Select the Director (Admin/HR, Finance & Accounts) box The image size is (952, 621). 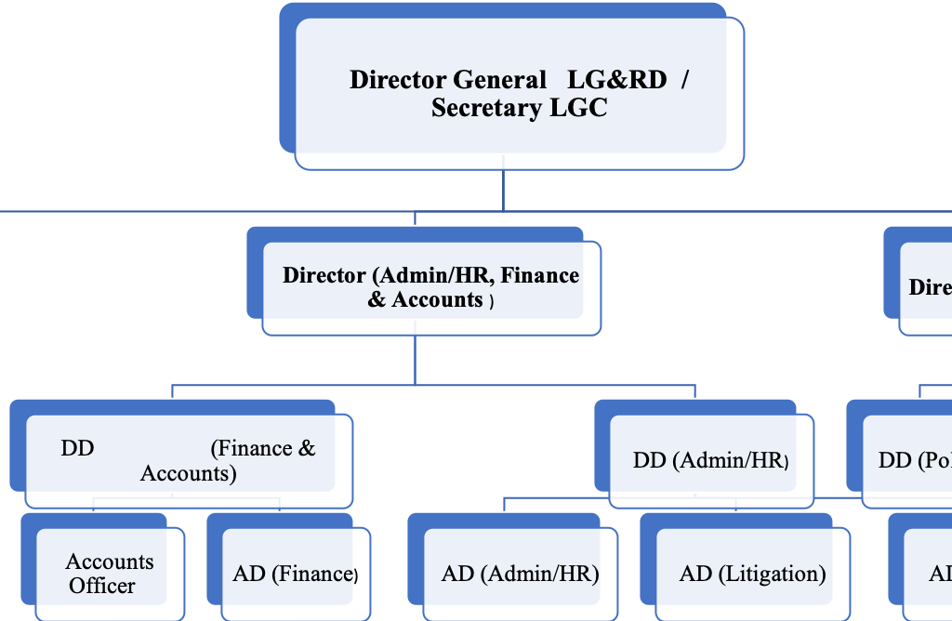pyautogui.click(x=430, y=287)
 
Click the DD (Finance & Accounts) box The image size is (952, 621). pyautogui.click(x=188, y=460)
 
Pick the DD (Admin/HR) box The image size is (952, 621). pyautogui.click(x=710, y=459)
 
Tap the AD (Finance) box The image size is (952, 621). pyautogui.click(x=295, y=574)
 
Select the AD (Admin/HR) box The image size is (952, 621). pyautogui.click(x=520, y=574)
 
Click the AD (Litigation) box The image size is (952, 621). pyautogui.click(x=752, y=574)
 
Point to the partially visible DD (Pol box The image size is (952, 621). pyautogui.click(x=909, y=460)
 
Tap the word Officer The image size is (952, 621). pyautogui.click(x=101, y=587)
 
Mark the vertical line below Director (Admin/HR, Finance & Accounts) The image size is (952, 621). pyautogui.click(x=415, y=358)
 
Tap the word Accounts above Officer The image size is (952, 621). pyautogui.click(x=110, y=562)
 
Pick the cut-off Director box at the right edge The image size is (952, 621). pyautogui.click(x=928, y=286)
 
